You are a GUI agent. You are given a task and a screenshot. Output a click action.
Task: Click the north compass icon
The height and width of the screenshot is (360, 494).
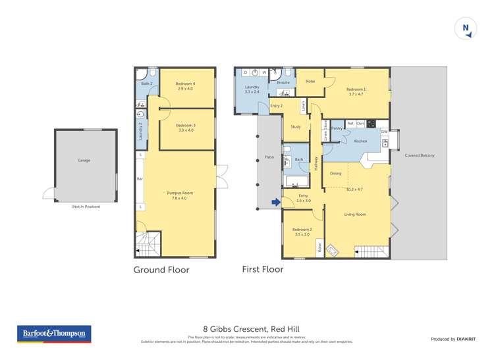click(466, 28)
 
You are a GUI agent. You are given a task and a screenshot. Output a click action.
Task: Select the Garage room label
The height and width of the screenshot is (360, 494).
click(84, 160)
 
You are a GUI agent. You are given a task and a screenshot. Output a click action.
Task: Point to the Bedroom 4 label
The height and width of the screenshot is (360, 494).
click(185, 84)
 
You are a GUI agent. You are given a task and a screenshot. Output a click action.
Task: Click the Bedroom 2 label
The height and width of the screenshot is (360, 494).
click(303, 230)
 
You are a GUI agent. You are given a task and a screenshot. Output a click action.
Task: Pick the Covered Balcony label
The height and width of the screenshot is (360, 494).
click(420, 155)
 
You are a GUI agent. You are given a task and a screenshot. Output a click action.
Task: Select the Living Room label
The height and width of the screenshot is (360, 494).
click(355, 215)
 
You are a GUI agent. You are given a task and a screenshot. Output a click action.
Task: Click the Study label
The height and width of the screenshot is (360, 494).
click(296, 126)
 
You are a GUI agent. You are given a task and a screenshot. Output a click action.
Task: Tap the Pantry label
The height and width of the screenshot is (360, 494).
click(337, 128)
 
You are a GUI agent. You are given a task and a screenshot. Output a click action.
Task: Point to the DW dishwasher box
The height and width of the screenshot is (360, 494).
click(384, 132)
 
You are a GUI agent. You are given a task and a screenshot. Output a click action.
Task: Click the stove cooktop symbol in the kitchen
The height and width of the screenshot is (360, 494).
click(371, 123)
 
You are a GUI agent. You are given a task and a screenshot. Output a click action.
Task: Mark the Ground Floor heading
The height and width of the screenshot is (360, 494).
click(161, 270)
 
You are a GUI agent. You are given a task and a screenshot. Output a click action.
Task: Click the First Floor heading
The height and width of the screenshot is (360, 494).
click(263, 269)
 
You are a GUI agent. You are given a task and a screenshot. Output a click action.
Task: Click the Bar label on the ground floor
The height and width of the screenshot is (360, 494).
click(140, 178)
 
